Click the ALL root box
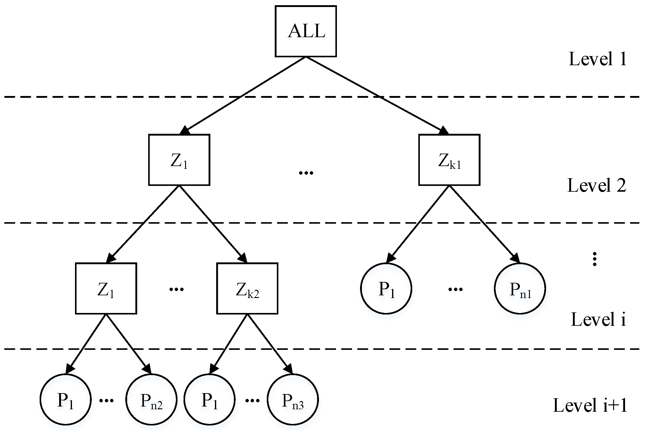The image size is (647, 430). point(306,31)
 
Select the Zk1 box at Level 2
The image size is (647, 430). point(449,160)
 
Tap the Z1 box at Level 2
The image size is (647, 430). point(179,160)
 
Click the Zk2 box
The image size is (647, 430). point(247,288)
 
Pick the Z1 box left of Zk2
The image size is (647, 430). point(106,288)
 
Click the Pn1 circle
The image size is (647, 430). point(520,288)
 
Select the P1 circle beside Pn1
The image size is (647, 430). point(386,288)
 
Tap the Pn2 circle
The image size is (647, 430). point(151,399)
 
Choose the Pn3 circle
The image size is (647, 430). point(293,399)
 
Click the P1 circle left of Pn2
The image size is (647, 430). point(66,399)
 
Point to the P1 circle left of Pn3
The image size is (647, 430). point(209,399)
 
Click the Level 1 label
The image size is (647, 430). point(598,59)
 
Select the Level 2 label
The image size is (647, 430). point(596,185)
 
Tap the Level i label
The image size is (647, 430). point(598,320)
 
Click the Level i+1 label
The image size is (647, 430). point(590,406)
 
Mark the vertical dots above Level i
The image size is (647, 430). point(594,259)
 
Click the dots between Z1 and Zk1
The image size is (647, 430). point(306,173)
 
